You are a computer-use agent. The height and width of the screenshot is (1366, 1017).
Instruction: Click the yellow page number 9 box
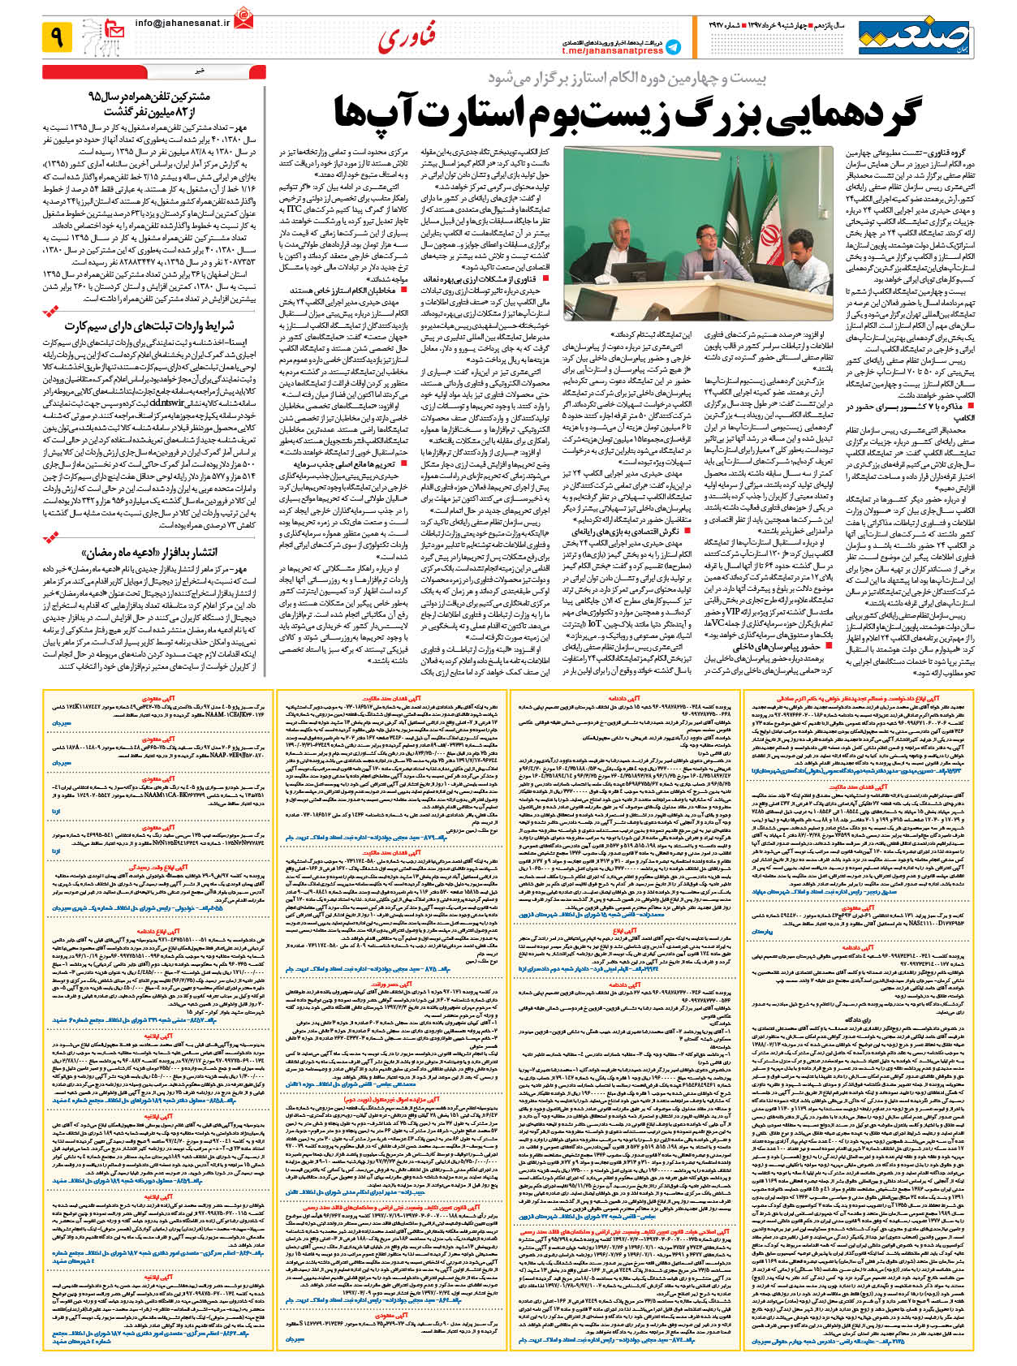tap(58, 37)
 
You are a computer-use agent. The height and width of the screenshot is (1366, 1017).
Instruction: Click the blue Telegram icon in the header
tap(673, 48)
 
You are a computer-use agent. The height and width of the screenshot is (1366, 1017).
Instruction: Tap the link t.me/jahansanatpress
tap(612, 50)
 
